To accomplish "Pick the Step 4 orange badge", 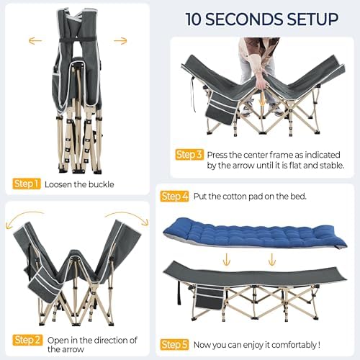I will (175, 196).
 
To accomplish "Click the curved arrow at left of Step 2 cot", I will (23, 218).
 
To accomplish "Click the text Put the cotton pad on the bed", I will (252, 196).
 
